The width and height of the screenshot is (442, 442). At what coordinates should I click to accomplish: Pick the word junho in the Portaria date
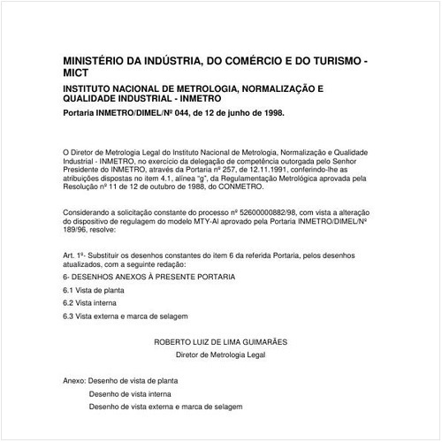point(243,114)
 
